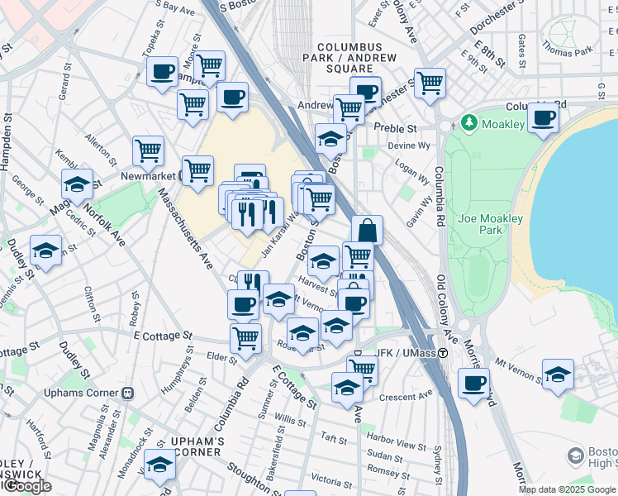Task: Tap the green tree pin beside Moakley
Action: click(x=469, y=124)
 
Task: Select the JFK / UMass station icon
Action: click(x=443, y=353)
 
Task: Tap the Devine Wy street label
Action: click(x=392, y=145)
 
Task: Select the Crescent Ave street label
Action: click(x=406, y=396)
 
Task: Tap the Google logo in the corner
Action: click(x=27, y=487)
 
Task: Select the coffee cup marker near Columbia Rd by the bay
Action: click(x=543, y=117)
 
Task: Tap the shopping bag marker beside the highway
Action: click(x=367, y=230)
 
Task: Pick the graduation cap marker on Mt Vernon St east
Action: click(x=559, y=373)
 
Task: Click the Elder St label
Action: click(x=221, y=358)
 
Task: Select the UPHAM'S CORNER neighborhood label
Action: click(x=198, y=447)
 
